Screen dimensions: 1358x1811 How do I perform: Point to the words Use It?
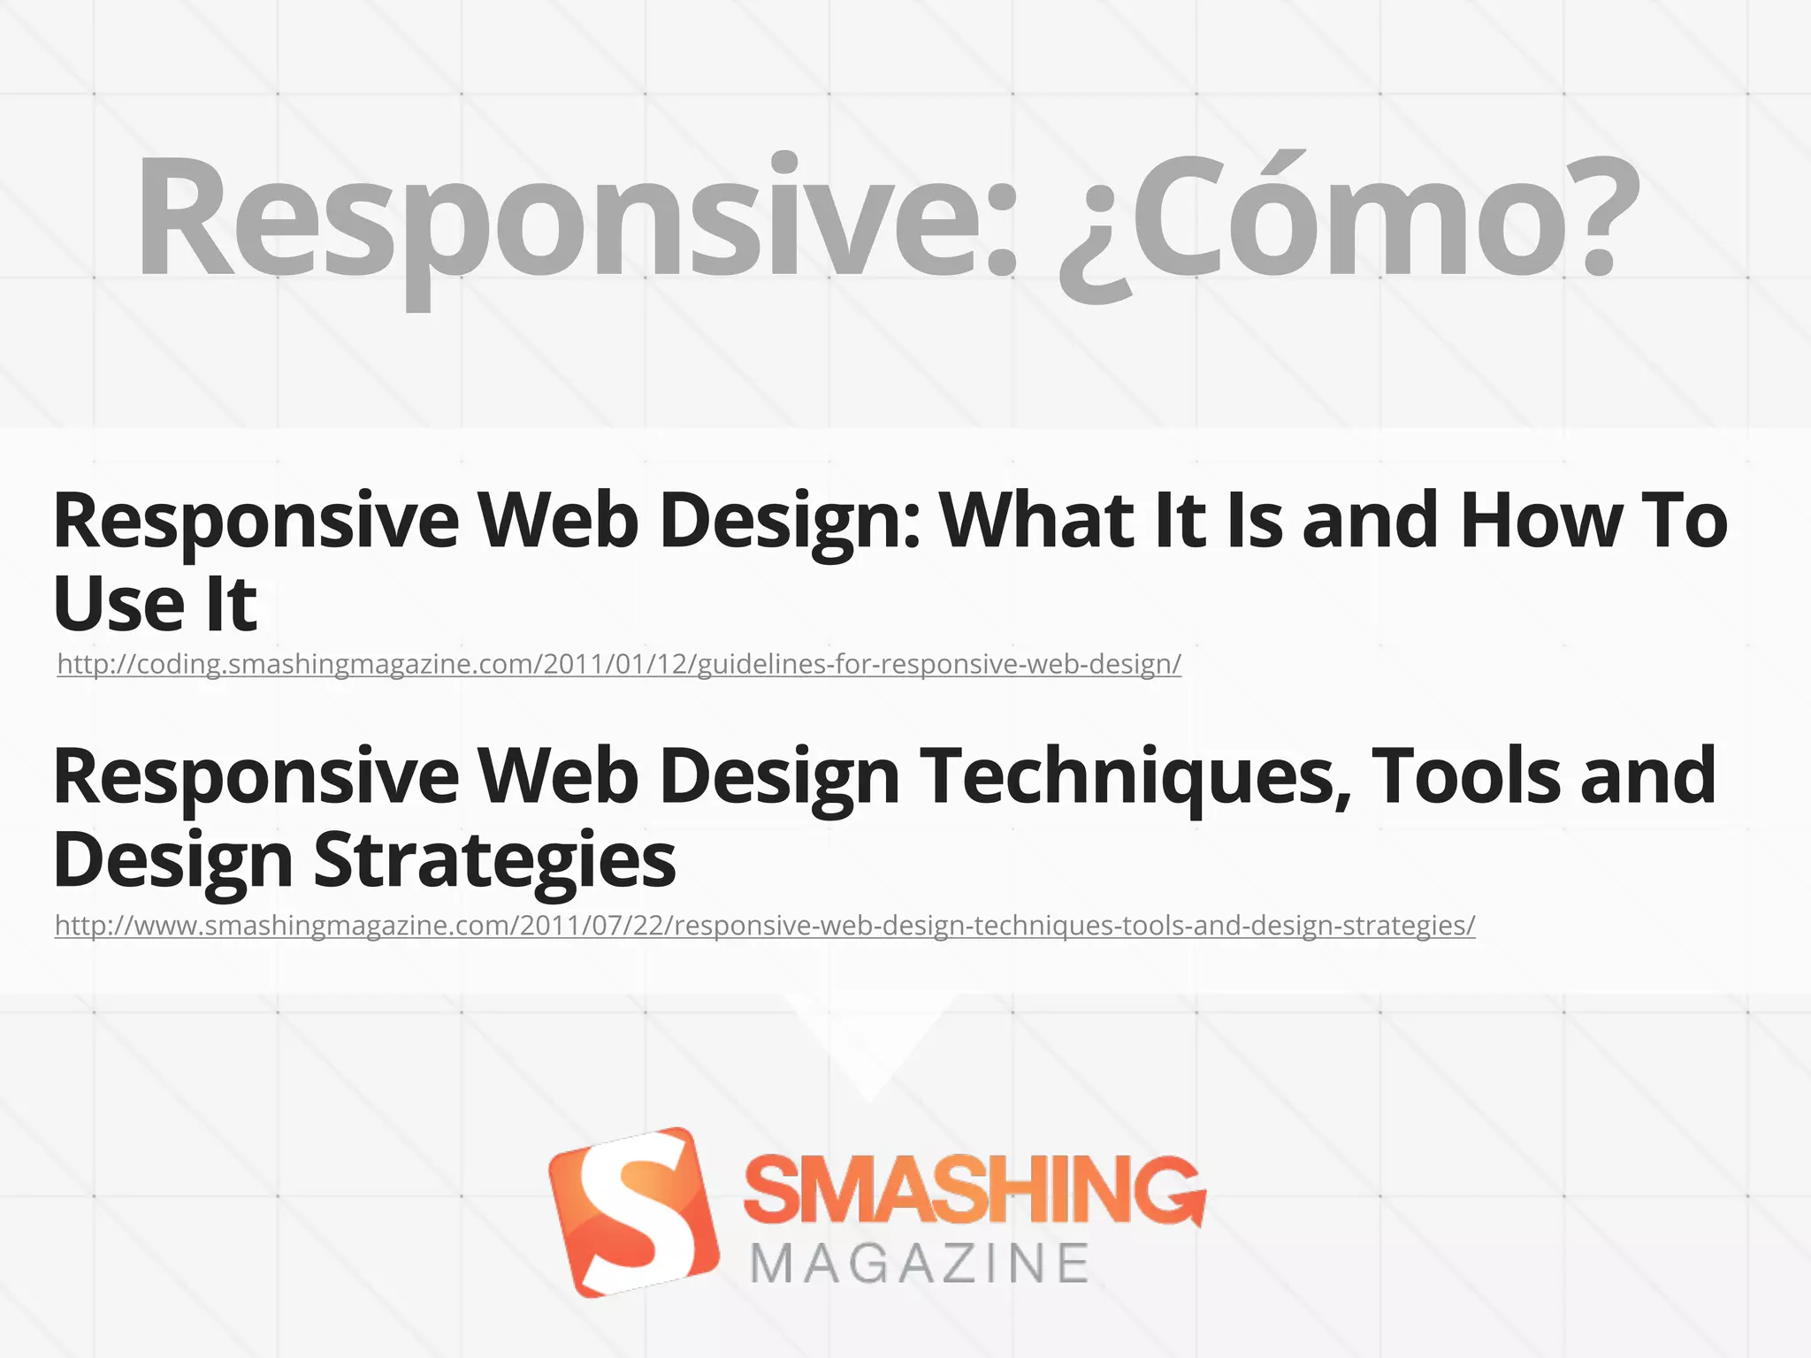click(156, 605)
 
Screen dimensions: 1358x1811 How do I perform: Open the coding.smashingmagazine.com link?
click(619, 664)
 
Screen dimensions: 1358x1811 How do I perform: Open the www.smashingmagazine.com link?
click(765, 926)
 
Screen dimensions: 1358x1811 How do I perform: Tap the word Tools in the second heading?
click(1468, 776)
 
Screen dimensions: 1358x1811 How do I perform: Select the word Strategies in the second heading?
click(495, 859)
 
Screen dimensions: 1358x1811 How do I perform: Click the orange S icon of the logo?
click(633, 1212)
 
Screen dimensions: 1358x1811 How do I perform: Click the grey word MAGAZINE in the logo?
click(920, 1263)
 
